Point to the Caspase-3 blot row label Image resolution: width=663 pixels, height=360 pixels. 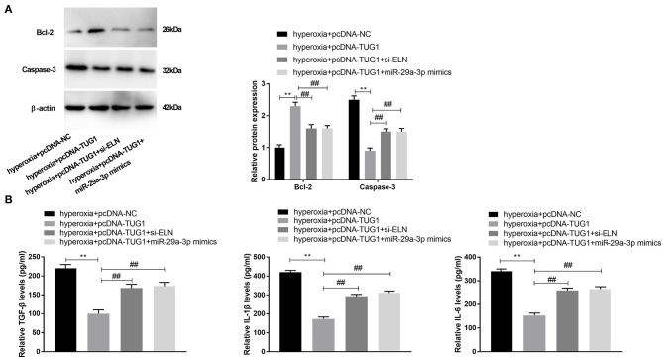pyautogui.click(x=35, y=70)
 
